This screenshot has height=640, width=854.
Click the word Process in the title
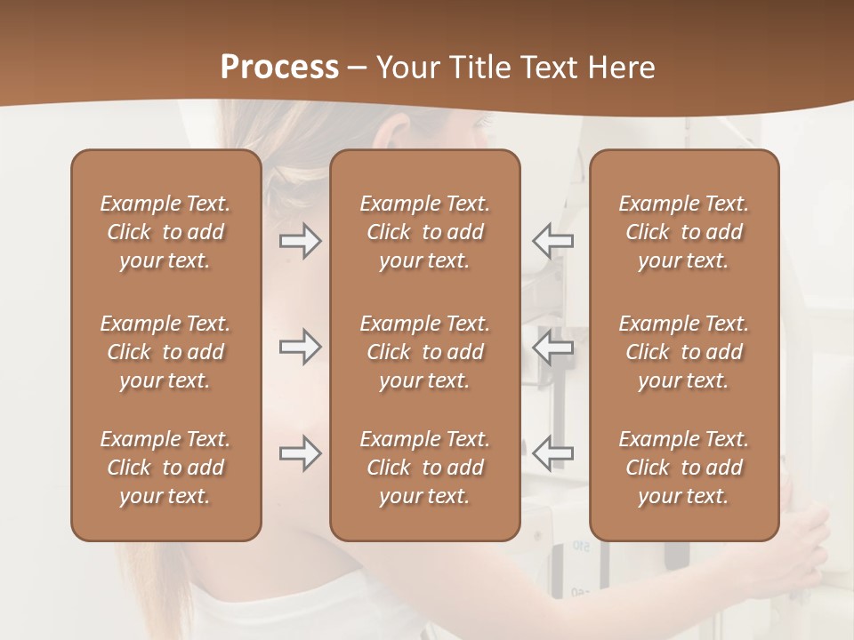pos(279,67)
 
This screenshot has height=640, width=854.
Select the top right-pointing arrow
pos(301,240)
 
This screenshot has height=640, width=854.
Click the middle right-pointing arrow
pos(301,347)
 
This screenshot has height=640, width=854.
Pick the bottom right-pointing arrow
pos(301,453)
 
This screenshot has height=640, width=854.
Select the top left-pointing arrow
pos(552,240)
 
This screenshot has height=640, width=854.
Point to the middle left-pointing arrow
pos(552,347)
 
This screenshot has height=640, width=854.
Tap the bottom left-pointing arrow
pos(552,453)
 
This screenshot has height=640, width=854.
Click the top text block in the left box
pos(165,232)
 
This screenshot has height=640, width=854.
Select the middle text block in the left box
pos(165,352)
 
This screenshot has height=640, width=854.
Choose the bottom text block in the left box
pos(165,468)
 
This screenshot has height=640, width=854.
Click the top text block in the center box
pos(424,232)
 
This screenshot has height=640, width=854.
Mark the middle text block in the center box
pos(424,352)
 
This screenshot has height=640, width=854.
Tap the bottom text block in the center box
pos(424,468)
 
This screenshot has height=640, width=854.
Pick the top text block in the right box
pos(683,232)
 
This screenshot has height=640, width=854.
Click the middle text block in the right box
pos(683,352)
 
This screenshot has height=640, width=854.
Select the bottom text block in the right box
pos(683,468)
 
